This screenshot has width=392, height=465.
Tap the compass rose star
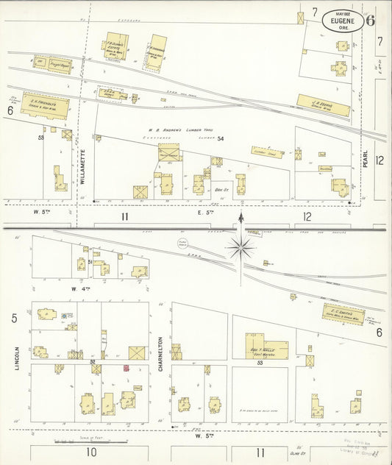243,246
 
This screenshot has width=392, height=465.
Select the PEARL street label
366,162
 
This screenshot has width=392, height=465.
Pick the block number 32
93,361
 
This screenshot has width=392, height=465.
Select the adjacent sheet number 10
91,452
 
